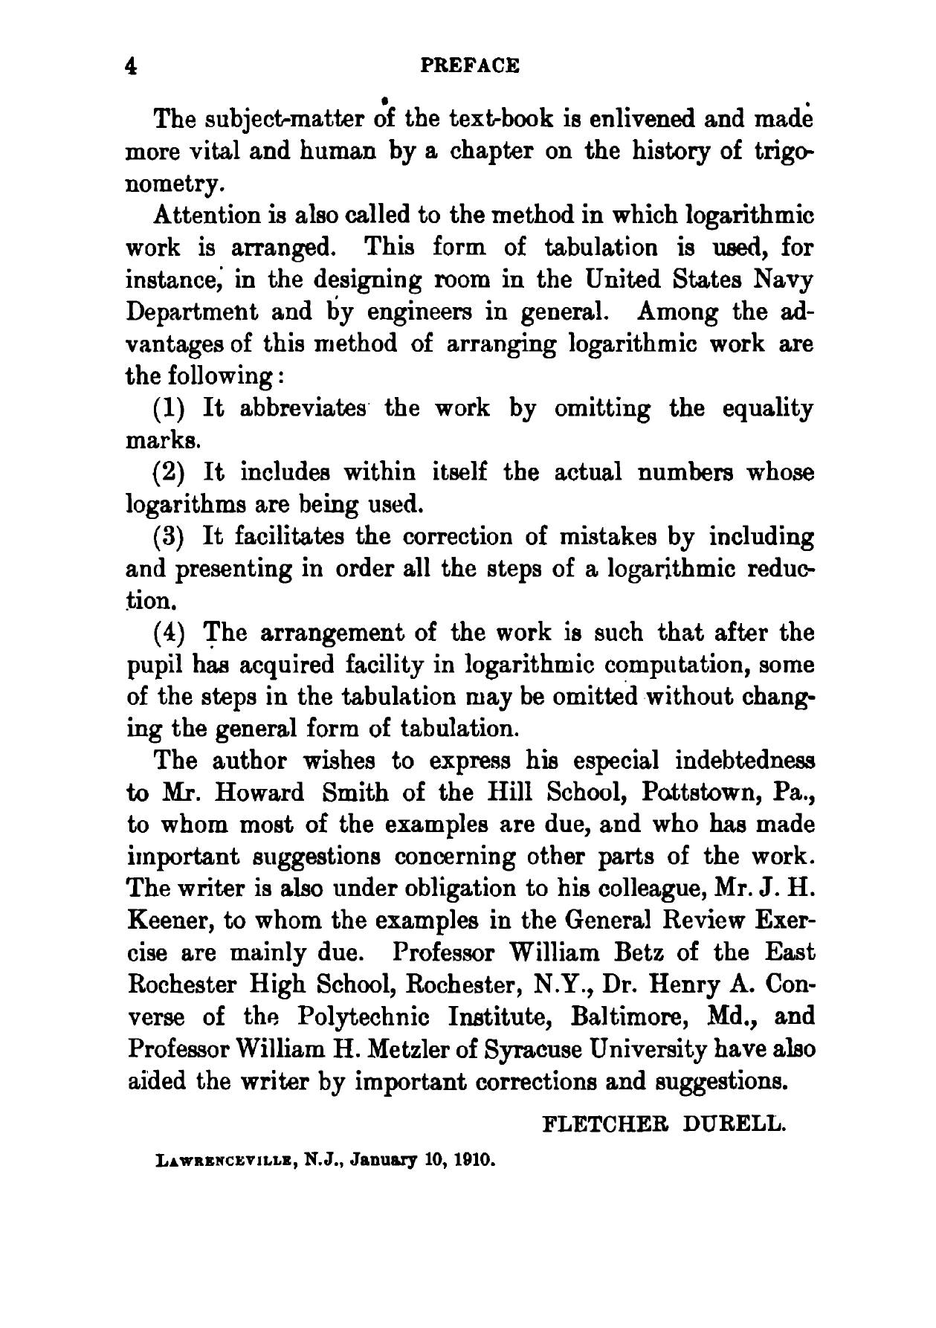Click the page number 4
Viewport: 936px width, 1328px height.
click(x=132, y=66)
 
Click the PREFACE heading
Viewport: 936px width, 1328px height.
click(x=470, y=66)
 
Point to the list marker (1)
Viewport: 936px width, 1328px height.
click(x=174, y=409)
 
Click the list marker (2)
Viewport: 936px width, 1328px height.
click(x=174, y=474)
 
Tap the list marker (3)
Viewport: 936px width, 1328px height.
click(x=174, y=537)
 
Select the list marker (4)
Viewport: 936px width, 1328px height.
click(x=174, y=634)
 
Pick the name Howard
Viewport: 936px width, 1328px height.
click(x=260, y=793)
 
